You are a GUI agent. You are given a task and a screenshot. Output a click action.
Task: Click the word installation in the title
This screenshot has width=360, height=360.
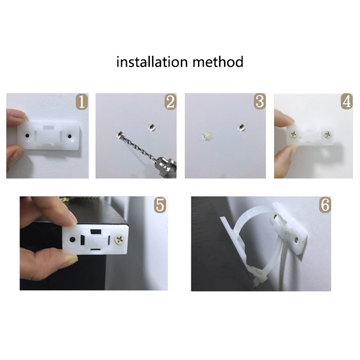(152, 62)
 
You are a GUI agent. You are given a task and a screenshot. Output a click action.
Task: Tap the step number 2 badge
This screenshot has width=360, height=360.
(170, 102)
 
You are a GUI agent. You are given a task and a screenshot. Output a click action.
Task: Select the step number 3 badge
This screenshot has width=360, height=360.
(259, 102)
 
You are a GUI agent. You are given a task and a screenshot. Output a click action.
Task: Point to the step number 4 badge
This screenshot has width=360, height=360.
(346, 102)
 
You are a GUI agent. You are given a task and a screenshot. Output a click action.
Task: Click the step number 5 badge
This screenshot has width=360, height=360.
(159, 205)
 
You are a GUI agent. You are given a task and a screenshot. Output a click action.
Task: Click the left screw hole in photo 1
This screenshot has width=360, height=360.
(27, 135)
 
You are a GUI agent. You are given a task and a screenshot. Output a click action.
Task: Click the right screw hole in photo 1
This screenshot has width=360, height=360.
(70, 135)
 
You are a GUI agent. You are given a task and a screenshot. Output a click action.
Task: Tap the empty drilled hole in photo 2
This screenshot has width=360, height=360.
(151, 128)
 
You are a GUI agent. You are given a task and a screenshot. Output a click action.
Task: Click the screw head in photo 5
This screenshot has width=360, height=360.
(121, 238)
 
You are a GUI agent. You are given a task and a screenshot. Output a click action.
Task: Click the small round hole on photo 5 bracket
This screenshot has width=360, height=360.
(72, 238)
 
